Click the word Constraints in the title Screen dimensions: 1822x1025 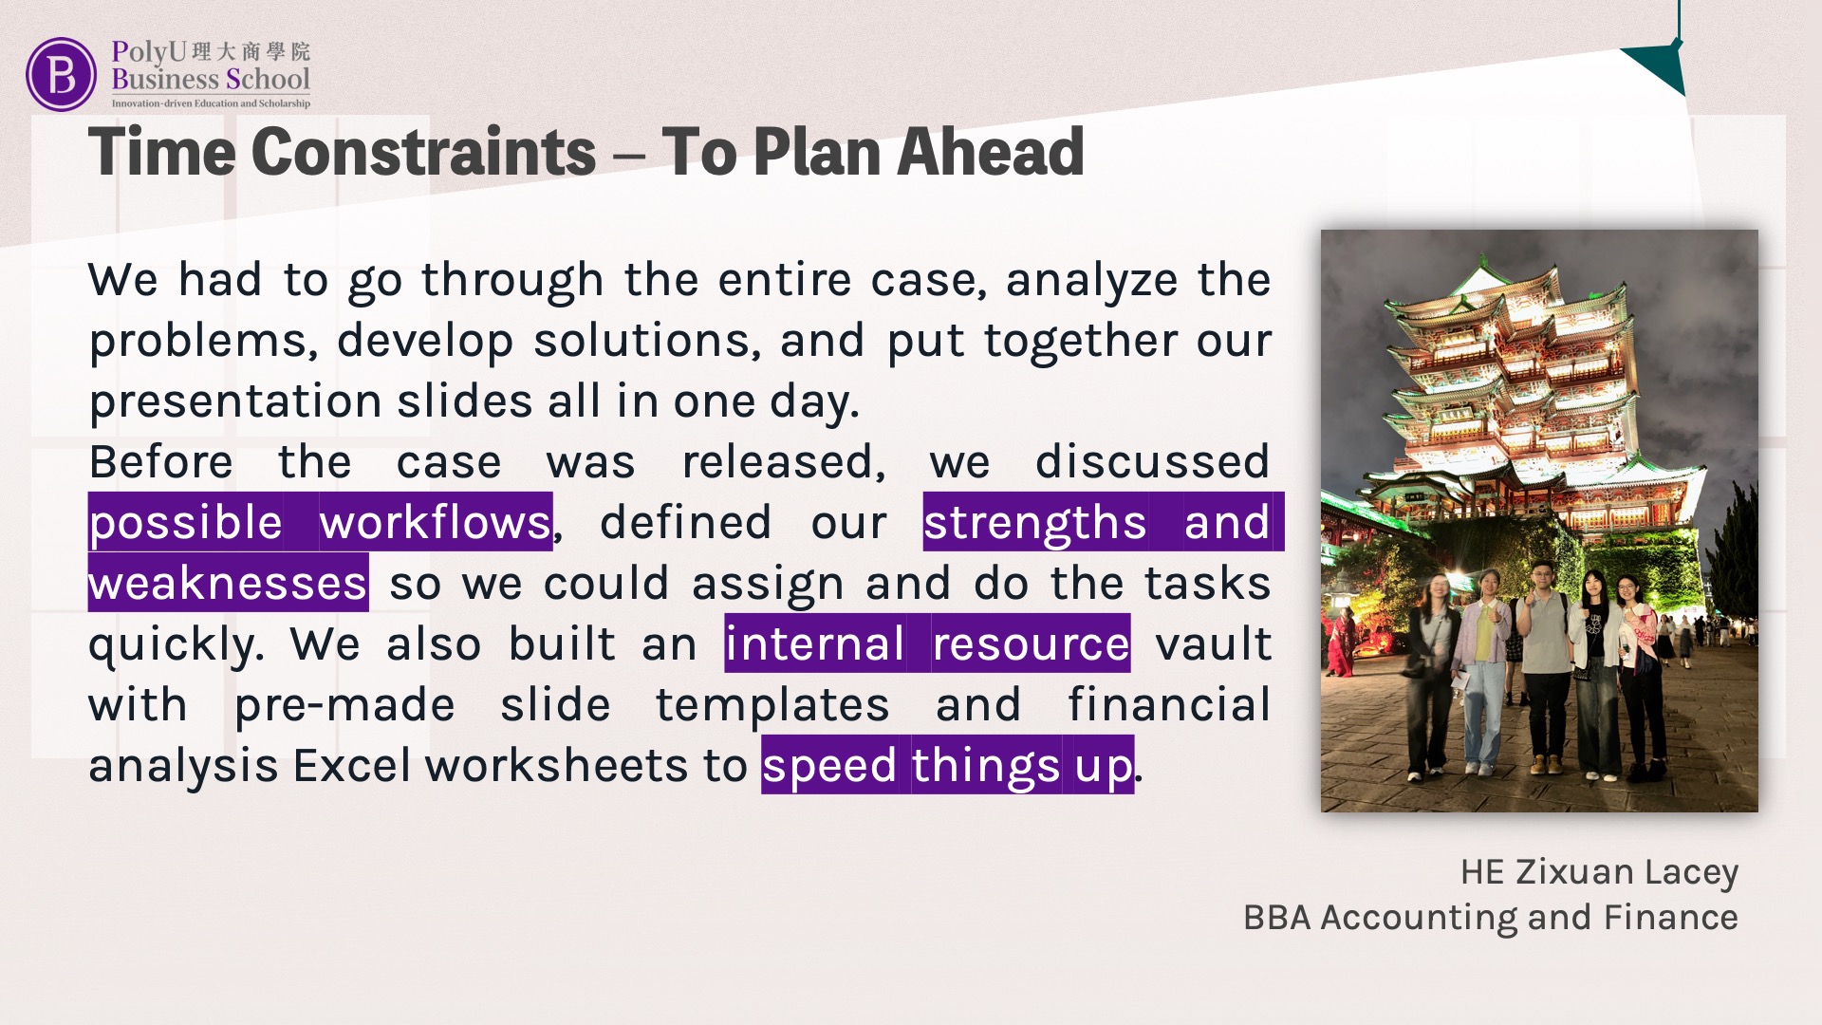click(x=424, y=152)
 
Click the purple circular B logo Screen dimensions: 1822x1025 click(x=61, y=74)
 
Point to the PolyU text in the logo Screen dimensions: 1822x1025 click(x=149, y=51)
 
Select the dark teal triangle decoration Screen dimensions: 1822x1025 click(x=1657, y=67)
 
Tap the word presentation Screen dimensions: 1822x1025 click(x=234, y=402)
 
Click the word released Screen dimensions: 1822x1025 click(x=783, y=462)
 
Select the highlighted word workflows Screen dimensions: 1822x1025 click(x=435, y=523)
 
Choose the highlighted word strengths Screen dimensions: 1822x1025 click(x=1035, y=524)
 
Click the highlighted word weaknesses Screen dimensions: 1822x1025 click(x=228, y=584)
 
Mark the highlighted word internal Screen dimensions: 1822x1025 click(x=815, y=644)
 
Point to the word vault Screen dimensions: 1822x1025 click(x=1213, y=644)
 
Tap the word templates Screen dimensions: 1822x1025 click(x=772, y=706)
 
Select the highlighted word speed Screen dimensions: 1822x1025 click(x=829, y=767)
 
